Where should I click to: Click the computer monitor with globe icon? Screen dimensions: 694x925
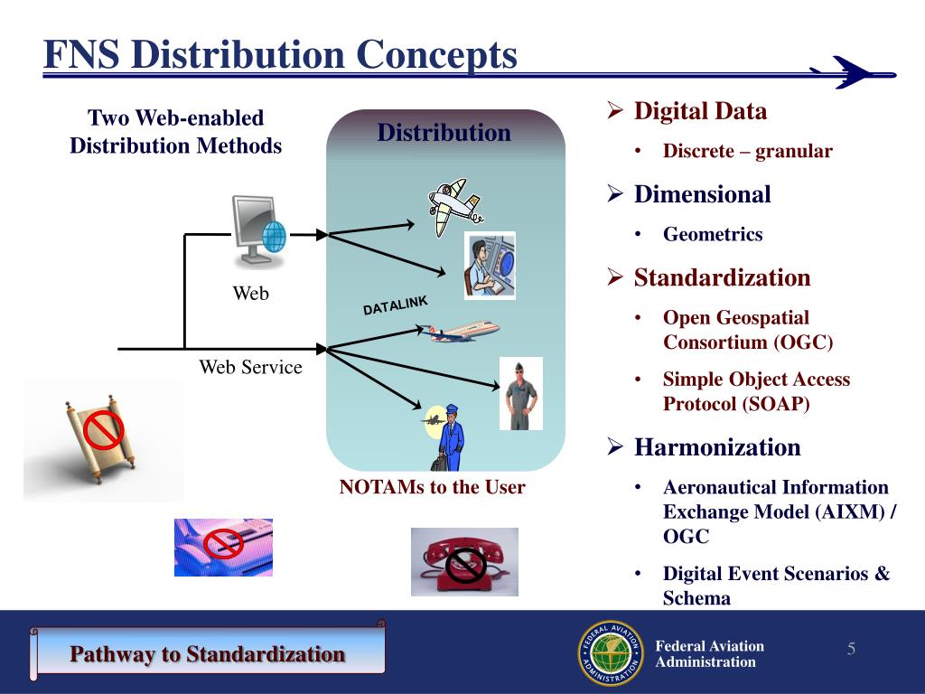[258, 231]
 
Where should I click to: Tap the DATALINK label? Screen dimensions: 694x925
[395, 305]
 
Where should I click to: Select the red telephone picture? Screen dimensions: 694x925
[464, 561]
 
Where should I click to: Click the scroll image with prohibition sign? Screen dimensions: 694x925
[103, 439]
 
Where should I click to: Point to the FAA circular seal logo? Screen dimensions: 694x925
[610, 653]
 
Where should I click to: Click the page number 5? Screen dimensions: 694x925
[851, 650]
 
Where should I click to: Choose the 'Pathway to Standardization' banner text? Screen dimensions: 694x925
[208, 653]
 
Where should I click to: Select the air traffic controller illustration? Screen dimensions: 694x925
[490, 265]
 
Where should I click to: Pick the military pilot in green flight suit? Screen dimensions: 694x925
[521, 393]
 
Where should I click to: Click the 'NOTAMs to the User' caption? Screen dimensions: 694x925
[432, 488]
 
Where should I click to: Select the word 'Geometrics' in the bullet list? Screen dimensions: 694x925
[713, 235]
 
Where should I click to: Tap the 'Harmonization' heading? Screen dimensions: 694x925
[716, 447]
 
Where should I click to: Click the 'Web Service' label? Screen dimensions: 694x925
[250, 368]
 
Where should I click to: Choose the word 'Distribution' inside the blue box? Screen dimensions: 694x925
[444, 134]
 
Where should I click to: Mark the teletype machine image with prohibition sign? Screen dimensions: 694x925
[223, 546]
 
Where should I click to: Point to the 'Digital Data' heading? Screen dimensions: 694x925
[700, 112]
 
